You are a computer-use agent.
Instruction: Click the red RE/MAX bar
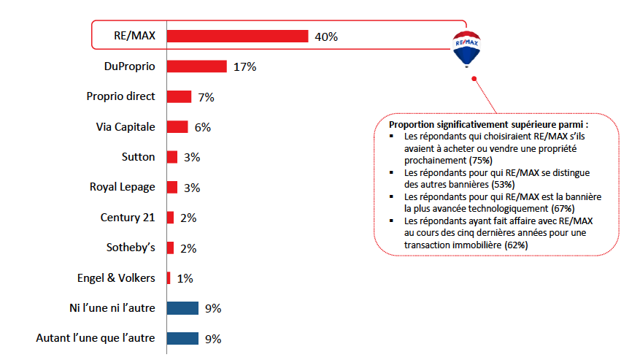pyautogui.click(x=237, y=37)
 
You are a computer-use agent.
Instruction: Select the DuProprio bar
pyautogui.click(x=197, y=66)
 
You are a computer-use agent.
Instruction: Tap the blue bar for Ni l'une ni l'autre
pyautogui.click(x=182, y=308)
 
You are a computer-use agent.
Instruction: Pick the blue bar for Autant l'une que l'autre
pyautogui.click(x=182, y=338)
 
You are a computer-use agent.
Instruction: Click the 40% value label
pyautogui.click(x=326, y=37)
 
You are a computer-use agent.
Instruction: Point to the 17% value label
pyautogui.click(x=244, y=67)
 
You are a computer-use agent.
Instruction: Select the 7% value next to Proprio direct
pyautogui.click(x=206, y=97)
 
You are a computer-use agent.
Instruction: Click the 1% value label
pyautogui.click(x=185, y=278)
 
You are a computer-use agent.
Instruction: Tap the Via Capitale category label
pyautogui.click(x=126, y=126)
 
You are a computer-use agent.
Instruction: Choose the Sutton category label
pyautogui.click(x=138, y=156)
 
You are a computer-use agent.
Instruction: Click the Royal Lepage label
pyautogui.click(x=123, y=187)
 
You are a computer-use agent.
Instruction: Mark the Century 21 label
pyautogui.click(x=128, y=217)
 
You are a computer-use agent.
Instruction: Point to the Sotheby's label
pyautogui.click(x=131, y=248)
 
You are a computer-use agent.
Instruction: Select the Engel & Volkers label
pyautogui.click(x=116, y=277)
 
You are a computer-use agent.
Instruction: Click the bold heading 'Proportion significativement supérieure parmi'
pyautogui.click(x=488, y=125)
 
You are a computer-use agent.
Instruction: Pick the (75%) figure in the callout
pyautogui.click(x=479, y=159)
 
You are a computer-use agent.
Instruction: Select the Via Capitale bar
pyautogui.click(x=177, y=127)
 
